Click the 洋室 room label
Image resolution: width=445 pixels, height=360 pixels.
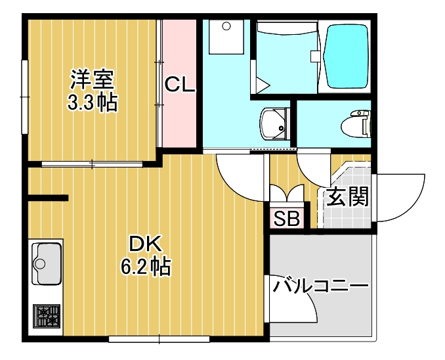point(93,80)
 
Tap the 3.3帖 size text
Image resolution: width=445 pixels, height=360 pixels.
point(93,102)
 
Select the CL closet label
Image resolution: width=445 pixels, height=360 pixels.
point(179,85)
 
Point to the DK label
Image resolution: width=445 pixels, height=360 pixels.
point(145,244)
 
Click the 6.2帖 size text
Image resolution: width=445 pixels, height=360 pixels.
point(145,267)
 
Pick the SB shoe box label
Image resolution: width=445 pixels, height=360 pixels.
point(286,219)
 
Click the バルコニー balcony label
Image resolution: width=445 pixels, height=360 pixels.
point(321,287)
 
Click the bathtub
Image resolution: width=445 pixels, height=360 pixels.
point(348,57)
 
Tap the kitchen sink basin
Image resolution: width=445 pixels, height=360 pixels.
point(46,263)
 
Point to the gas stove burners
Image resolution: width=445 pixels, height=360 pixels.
point(47,317)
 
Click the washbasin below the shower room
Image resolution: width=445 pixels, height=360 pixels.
point(273,123)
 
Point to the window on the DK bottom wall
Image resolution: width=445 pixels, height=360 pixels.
point(158,339)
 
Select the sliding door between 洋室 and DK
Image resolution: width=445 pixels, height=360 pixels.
point(92,163)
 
